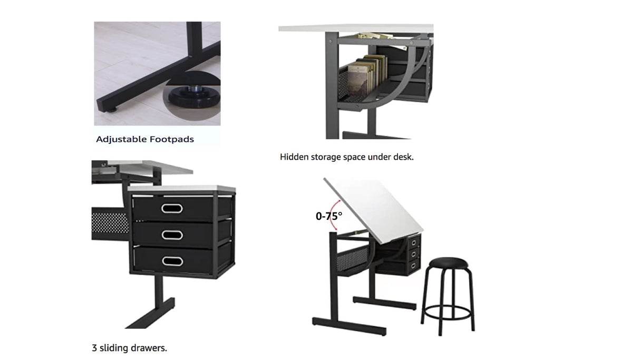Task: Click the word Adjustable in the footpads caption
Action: [120, 140]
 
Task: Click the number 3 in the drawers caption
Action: [94, 348]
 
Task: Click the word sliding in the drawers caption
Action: [112, 348]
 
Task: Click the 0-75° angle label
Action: [329, 216]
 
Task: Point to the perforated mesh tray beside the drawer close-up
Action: [110, 223]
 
